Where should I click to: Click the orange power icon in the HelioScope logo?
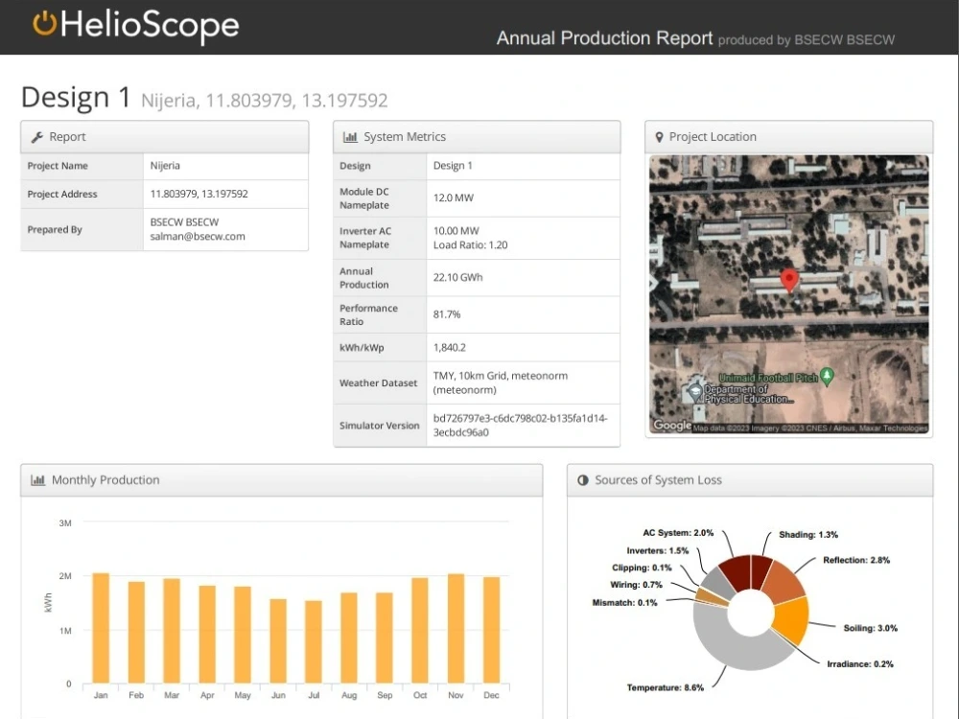44,24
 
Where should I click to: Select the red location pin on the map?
789,279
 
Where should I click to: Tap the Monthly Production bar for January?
101,628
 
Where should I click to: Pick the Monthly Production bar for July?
314,642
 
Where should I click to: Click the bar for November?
456,629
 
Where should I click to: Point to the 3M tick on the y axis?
65,523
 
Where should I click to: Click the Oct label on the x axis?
420,695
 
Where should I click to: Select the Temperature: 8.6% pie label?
665,687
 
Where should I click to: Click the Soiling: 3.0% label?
871,628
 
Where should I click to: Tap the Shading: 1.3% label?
808,534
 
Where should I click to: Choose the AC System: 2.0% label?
678,532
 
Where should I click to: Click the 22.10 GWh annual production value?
458,278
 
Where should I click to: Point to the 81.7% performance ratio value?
447,314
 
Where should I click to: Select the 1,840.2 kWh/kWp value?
450,347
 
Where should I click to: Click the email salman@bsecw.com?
198,236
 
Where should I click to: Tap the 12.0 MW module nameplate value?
453,198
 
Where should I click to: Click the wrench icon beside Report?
37,137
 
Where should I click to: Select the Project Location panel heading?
713,137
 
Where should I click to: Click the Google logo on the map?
671,425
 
